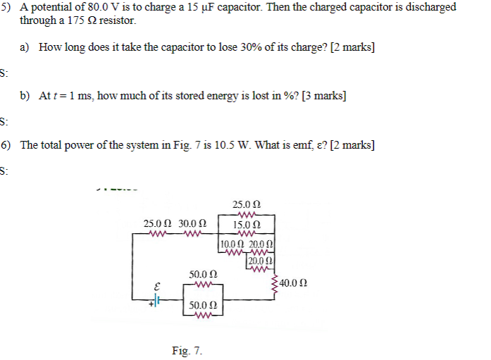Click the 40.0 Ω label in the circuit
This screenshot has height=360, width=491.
[294, 283]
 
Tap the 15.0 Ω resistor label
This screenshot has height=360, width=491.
[247, 225]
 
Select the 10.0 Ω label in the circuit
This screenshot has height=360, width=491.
[232, 244]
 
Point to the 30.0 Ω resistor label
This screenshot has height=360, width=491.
[192, 223]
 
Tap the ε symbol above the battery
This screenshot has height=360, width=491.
[157, 287]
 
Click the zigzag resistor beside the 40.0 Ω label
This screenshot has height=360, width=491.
[275, 283]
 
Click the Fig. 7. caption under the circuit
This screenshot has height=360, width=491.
[187, 349]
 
